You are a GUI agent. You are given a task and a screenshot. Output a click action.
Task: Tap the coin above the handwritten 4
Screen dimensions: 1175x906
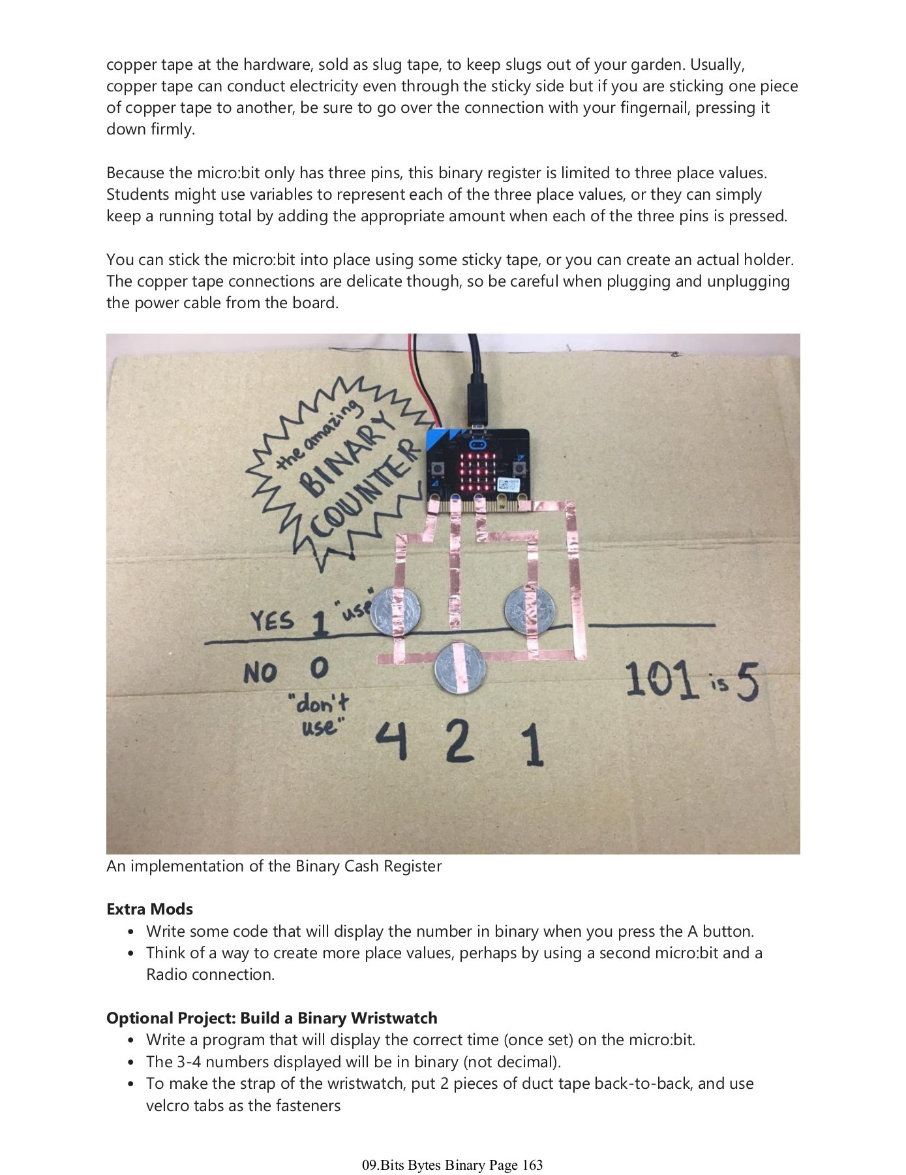click(x=396, y=610)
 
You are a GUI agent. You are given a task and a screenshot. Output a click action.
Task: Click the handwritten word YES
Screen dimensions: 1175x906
click(x=272, y=620)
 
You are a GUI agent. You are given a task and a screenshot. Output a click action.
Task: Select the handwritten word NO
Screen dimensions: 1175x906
click(x=261, y=672)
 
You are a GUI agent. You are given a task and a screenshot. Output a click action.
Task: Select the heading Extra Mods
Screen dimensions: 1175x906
click(x=149, y=909)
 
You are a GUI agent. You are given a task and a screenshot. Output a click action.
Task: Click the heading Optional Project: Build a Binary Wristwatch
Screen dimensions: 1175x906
click(x=271, y=1018)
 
